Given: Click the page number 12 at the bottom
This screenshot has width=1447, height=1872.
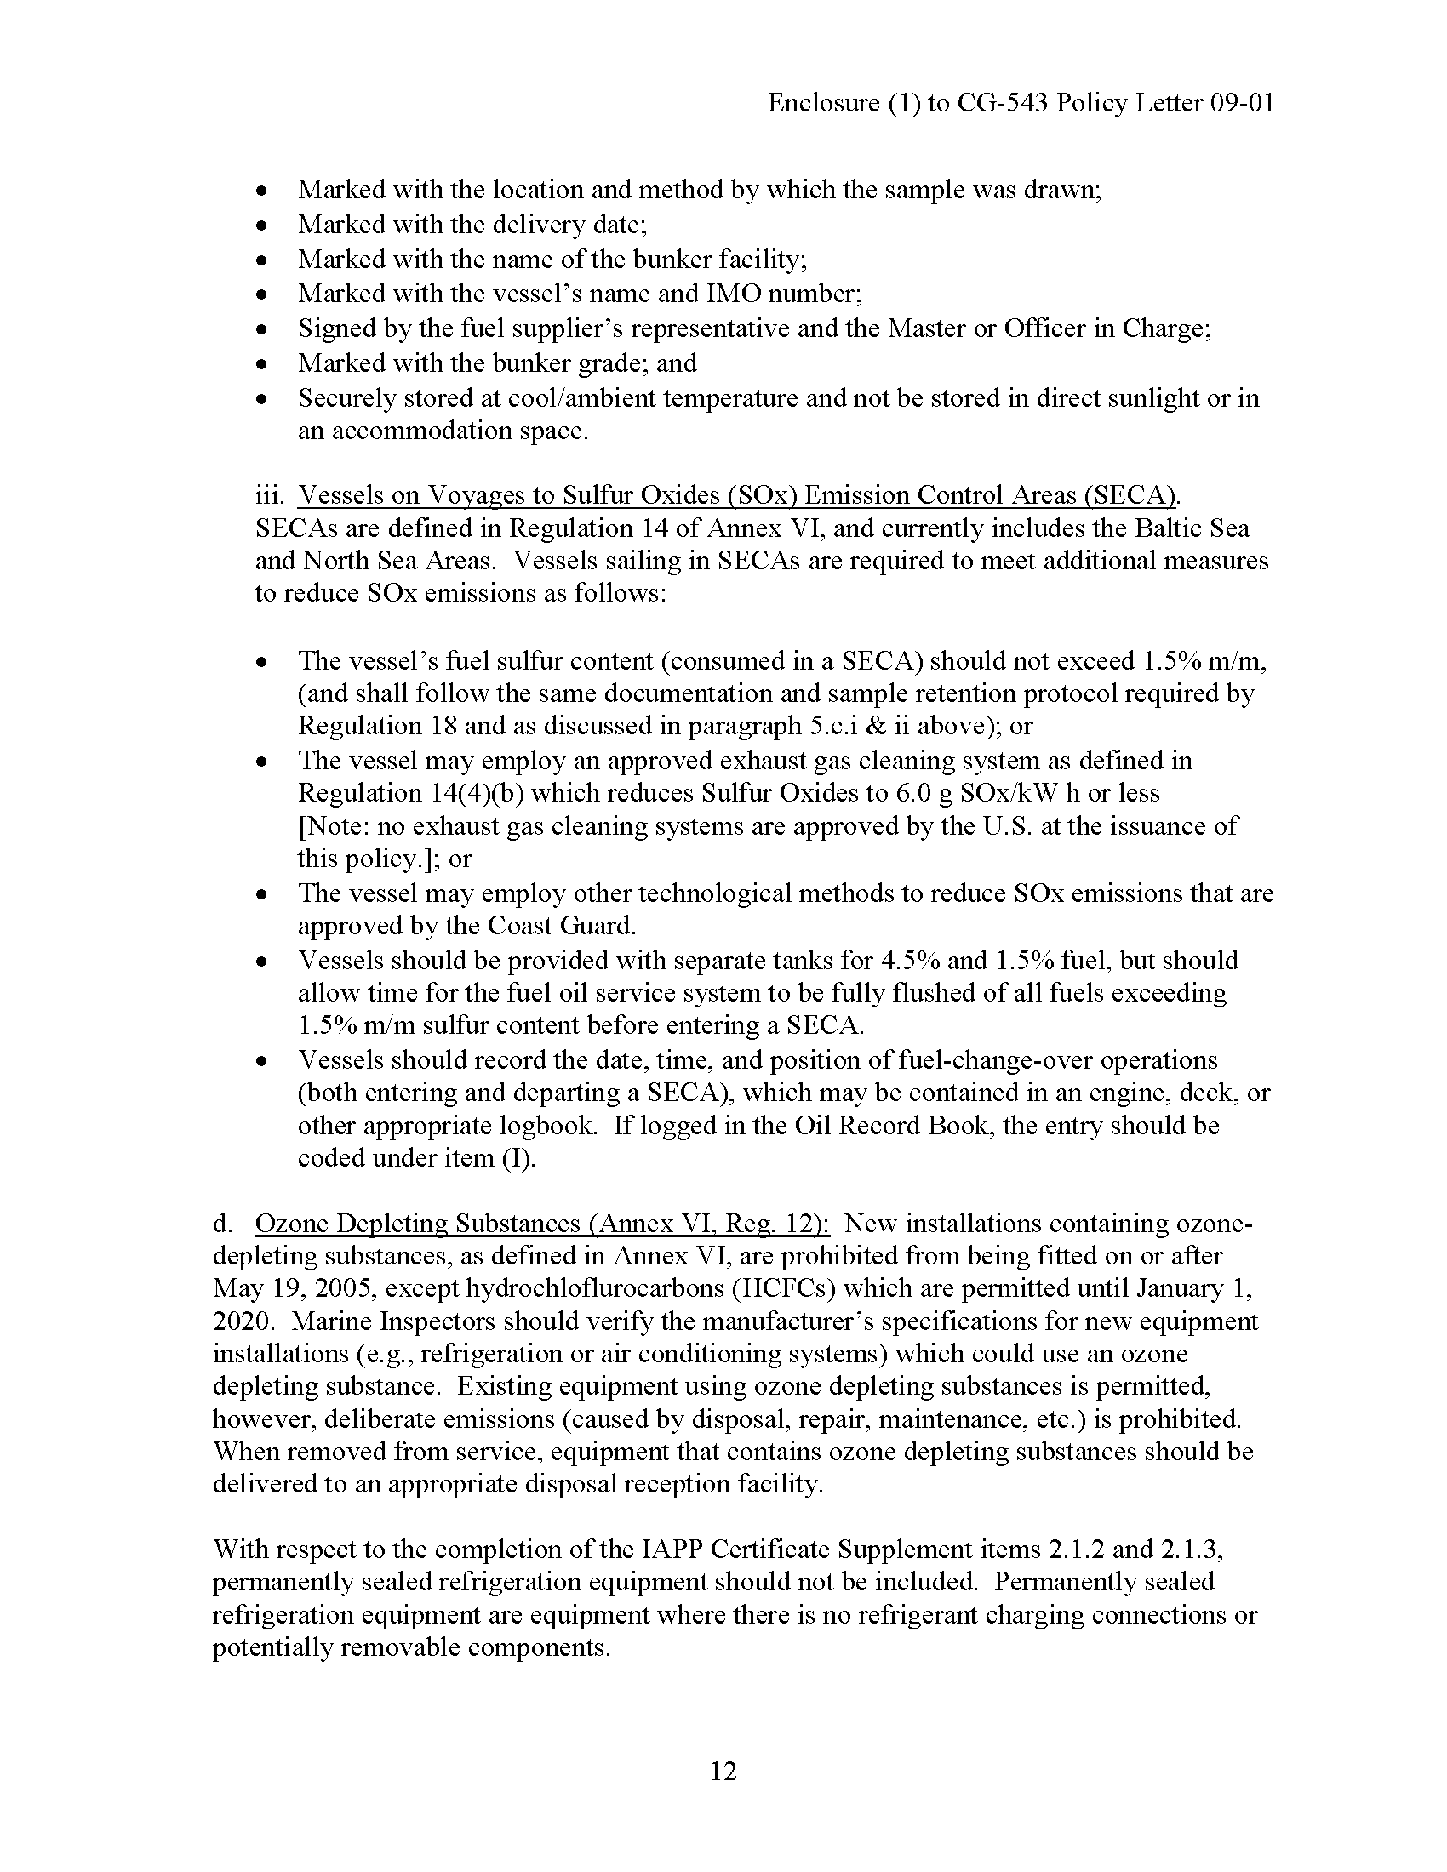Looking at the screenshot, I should [723, 1771].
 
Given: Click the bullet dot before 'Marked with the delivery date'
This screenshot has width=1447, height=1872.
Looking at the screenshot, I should [263, 225].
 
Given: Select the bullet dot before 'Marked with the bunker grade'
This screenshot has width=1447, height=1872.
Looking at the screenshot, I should [263, 364].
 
